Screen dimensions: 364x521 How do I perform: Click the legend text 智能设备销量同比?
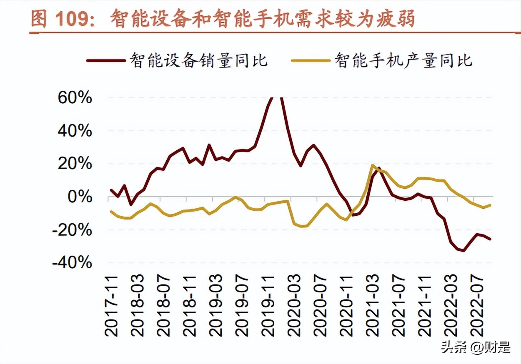[198, 61]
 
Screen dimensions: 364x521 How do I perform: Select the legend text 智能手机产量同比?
[403, 61]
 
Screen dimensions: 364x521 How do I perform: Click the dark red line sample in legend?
[106, 61]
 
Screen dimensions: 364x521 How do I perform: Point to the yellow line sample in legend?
[311, 61]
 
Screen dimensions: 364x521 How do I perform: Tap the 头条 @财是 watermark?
[476, 347]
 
